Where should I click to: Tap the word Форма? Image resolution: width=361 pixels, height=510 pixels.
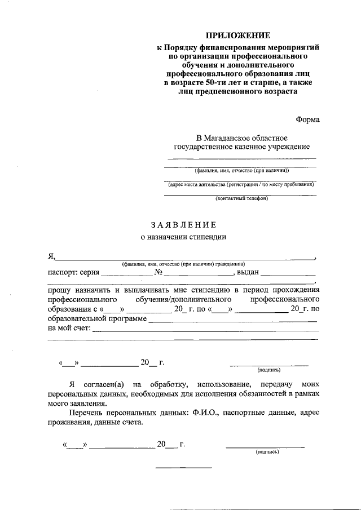pos(307,119)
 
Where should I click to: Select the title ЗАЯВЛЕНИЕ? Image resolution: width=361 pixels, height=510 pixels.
pos(183,225)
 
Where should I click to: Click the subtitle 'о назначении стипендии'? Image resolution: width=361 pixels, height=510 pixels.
pos(183,237)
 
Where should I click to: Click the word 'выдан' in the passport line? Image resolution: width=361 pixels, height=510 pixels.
pos(248,272)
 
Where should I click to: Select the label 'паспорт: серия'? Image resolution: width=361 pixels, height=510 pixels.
pos(73,272)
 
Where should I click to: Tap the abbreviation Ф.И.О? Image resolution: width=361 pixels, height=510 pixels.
pos(205,413)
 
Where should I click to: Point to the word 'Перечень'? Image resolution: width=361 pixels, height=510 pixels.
pos(80,413)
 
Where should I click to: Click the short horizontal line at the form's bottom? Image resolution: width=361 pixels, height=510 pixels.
pos(183,468)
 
